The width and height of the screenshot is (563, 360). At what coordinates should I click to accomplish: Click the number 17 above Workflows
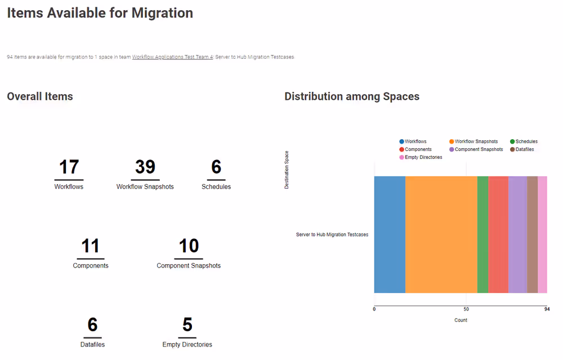[x=69, y=167]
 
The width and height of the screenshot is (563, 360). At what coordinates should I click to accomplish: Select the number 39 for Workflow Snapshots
[x=145, y=167]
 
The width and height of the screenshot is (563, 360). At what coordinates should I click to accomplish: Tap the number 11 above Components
[x=91, y=246]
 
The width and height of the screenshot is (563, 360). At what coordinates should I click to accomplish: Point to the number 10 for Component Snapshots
[x=189, y=246]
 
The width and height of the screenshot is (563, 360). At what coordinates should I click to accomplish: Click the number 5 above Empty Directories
[x=187, y=325]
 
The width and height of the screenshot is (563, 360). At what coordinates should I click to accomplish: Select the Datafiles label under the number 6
[x=92, y=344]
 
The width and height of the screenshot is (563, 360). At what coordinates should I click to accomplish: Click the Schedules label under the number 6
[x=216, y=186]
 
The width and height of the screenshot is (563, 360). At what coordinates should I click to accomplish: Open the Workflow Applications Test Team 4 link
[x=172, y=57]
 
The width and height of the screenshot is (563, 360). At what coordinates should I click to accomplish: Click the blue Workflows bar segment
[x=390, y=234]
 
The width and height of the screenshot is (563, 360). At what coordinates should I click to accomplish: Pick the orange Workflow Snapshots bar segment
[x=441, y=234]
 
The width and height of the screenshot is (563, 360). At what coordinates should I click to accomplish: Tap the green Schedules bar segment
[x=482, y=234]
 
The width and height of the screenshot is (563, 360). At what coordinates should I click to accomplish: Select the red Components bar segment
[x=498, y=234]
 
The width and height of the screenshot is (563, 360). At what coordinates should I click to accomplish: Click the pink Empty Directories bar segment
[x=542, y=234]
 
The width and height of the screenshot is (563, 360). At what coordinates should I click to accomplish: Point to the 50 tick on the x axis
[x=466, y=309]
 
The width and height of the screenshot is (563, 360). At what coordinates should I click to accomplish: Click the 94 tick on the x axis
[x=547, y=309]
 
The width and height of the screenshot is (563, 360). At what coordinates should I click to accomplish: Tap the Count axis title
[x=461, y=320]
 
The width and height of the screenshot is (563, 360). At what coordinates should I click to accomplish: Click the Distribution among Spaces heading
[x=352, y=96]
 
